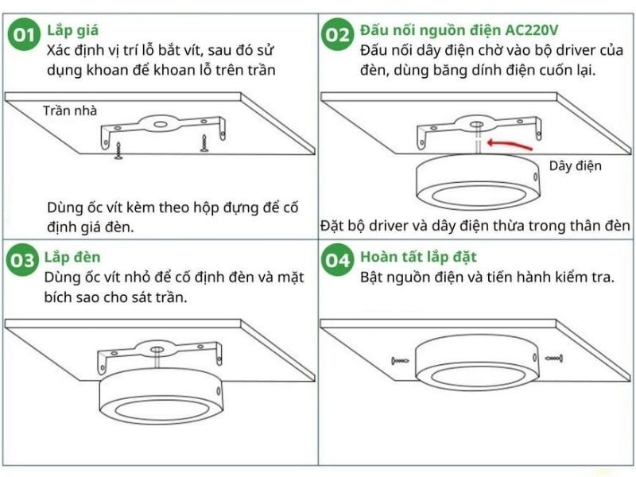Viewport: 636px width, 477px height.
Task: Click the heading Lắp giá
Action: [72, 31]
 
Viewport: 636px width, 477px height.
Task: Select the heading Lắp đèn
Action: [72, 257]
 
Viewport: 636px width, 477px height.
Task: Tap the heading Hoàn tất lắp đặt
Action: [417, 257]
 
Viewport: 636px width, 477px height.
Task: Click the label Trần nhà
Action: [70, 111]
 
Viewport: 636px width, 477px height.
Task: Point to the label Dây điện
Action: [575, 166]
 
